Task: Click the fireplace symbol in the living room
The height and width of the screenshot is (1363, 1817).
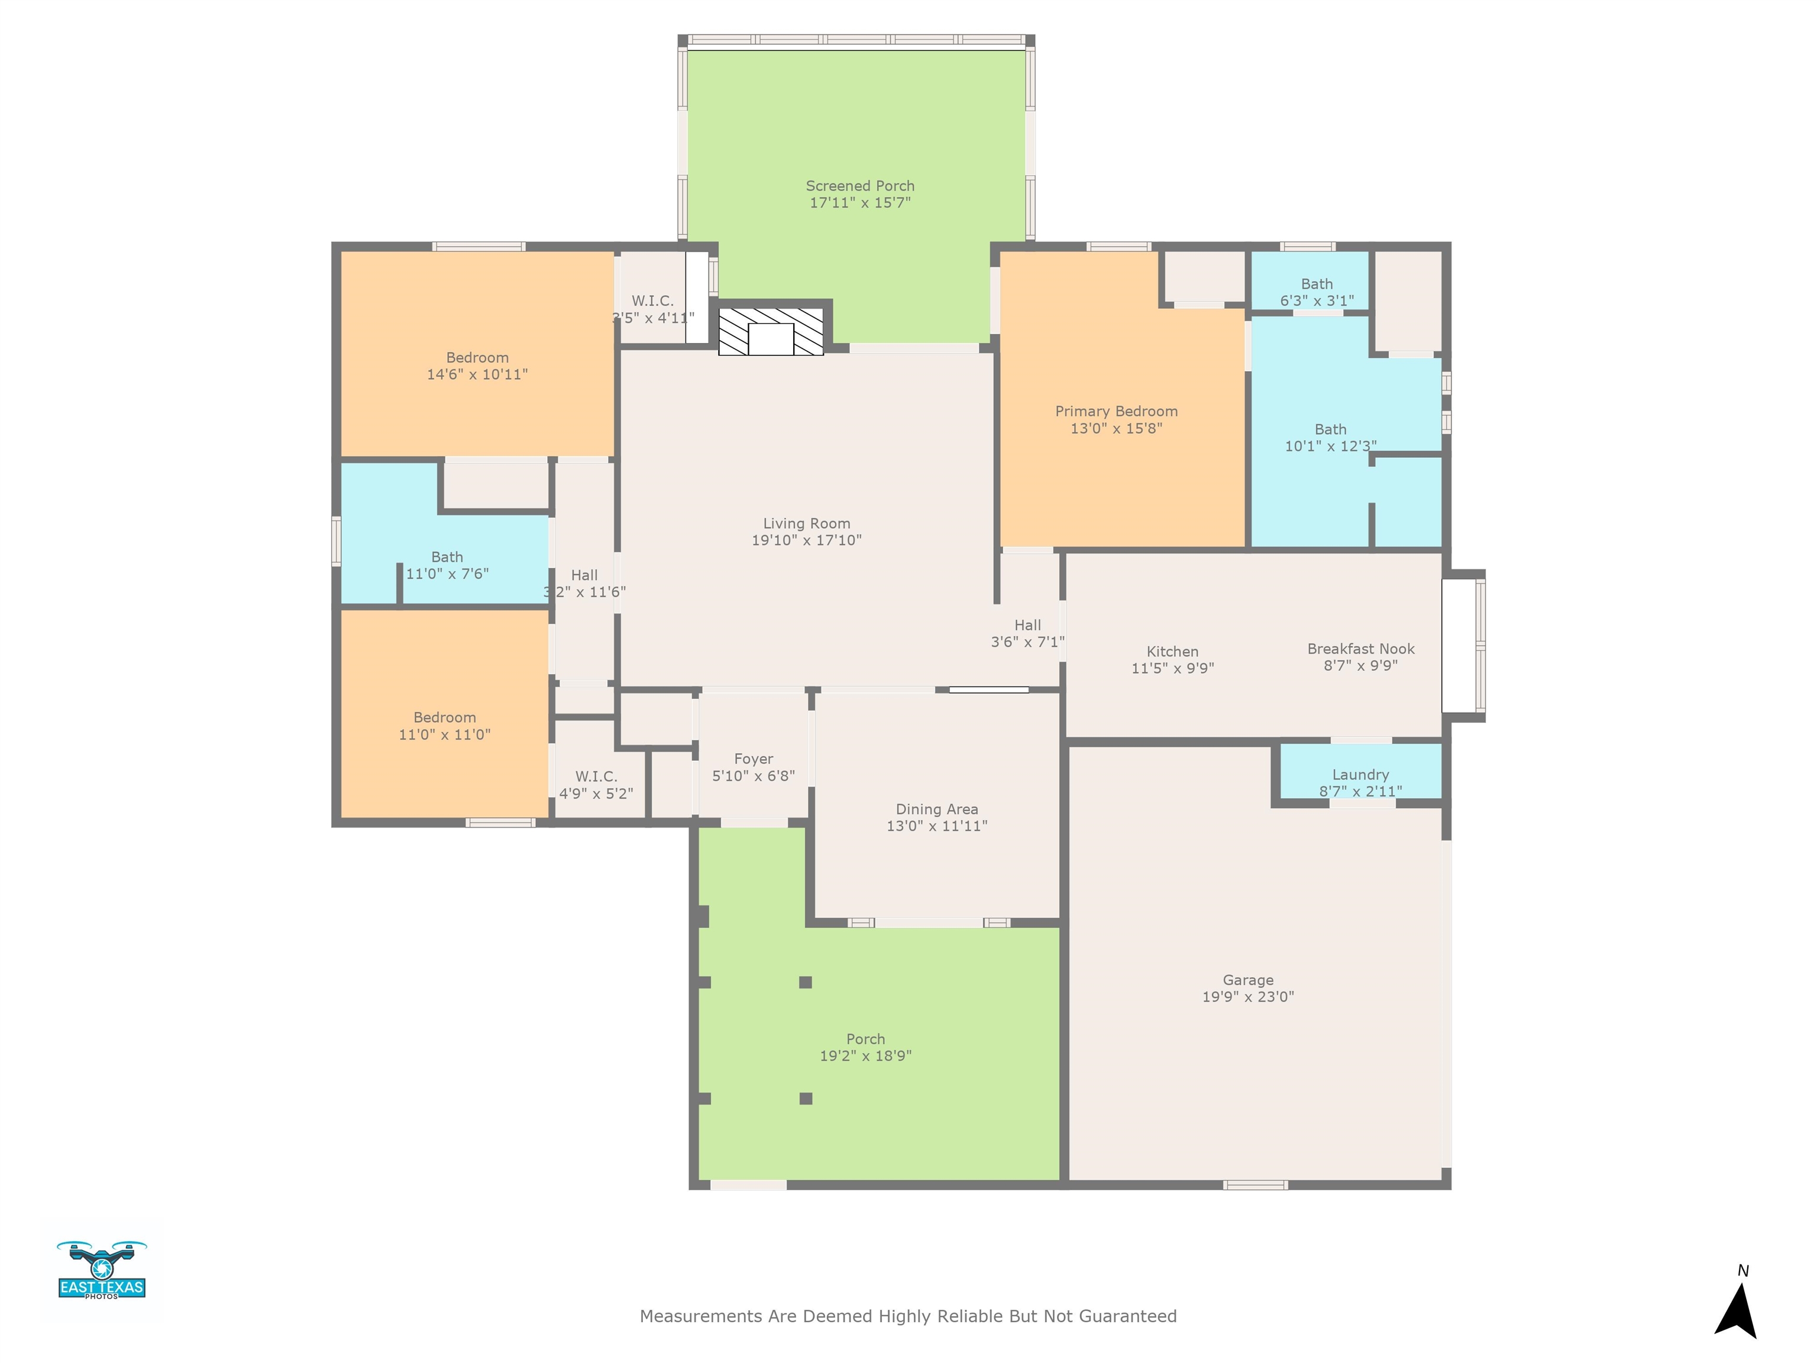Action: [771, 332]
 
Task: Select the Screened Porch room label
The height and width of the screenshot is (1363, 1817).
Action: [860, 186]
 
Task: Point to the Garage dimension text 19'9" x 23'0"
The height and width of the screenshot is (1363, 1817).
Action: [1248, 997]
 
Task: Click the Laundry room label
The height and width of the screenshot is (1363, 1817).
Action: [1360, 775]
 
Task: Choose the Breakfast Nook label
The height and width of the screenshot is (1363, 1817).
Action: [1361, 648]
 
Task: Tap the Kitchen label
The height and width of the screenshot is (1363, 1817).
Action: [1172, 651]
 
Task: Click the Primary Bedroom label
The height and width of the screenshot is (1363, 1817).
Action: [1116, 411]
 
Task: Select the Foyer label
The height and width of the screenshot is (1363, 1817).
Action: [754, 759]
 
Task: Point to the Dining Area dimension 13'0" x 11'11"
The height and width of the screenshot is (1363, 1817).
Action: [936, 826]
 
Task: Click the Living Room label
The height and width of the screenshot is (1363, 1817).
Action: [807, 524]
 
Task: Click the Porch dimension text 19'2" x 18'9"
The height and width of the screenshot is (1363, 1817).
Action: [866, 1056]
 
